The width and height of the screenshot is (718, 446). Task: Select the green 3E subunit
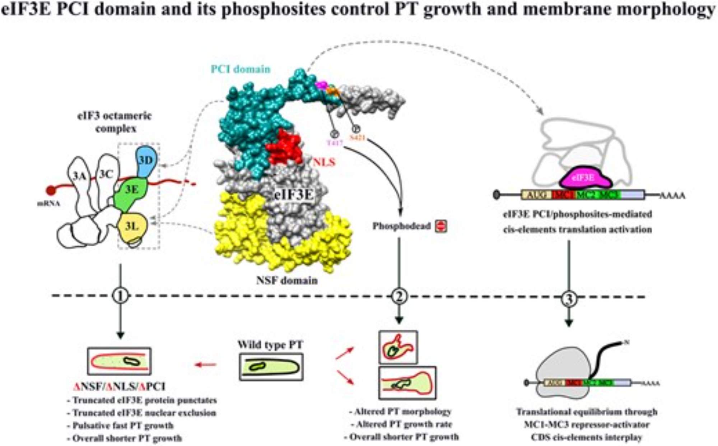(131, 194)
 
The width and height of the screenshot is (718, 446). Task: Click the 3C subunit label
(106, 174)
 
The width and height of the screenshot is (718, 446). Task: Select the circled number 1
(120, 296)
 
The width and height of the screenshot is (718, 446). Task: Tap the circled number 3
(568, 298)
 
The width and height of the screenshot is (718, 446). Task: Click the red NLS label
(324, 162)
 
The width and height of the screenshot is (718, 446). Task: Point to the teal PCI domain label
(240, 69)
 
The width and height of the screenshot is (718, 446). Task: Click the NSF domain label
(287, 280)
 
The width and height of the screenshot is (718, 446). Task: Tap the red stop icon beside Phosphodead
(441, 226)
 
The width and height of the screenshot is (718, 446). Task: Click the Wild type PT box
(271, 367)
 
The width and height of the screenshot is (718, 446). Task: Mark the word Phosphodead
(401, 226)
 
